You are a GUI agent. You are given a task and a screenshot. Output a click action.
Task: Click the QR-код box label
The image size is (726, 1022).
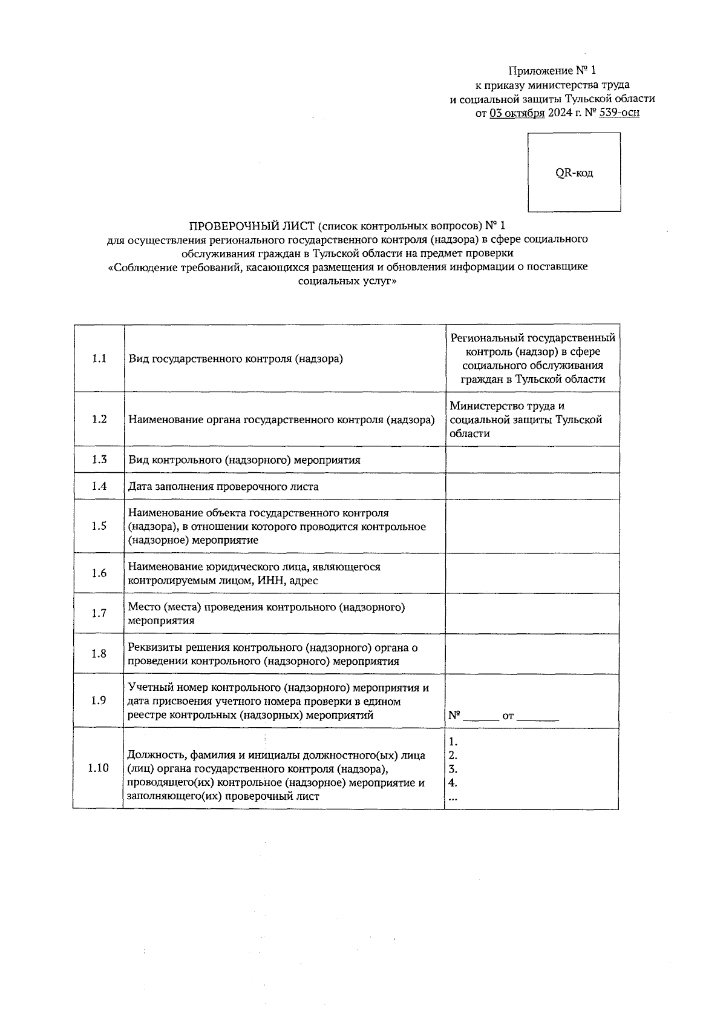point(574,173)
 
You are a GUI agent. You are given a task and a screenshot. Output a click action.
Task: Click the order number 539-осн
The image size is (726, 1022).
point(619,112)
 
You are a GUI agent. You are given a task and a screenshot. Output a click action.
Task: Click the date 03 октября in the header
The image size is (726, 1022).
point(517,112)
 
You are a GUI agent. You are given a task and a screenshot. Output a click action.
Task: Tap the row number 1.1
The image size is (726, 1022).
point(99,358)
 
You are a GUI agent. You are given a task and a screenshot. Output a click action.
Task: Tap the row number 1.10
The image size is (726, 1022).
point(98,768)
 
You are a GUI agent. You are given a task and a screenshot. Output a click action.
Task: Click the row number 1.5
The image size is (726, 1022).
point(99,526)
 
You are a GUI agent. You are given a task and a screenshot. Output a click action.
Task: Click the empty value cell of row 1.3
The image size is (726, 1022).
point(532,460)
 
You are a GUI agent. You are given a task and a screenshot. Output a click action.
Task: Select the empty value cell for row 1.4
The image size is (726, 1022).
point(532,486)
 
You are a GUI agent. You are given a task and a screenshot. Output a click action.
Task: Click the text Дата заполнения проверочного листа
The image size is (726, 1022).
point(223,486)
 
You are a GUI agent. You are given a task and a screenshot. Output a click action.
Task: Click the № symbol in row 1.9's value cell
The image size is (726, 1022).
point(454,715)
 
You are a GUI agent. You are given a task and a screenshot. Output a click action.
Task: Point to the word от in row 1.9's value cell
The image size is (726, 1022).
point(508,716)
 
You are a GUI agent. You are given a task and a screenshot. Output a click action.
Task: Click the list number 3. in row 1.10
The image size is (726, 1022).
point(453,770)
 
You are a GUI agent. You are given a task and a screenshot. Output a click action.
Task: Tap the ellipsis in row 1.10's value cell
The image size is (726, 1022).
point(453,799)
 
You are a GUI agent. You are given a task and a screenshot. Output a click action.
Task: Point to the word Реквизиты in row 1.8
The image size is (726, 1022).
point(155,647)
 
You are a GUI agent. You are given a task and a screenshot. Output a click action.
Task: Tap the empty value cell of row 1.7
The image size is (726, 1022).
point(532,613)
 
